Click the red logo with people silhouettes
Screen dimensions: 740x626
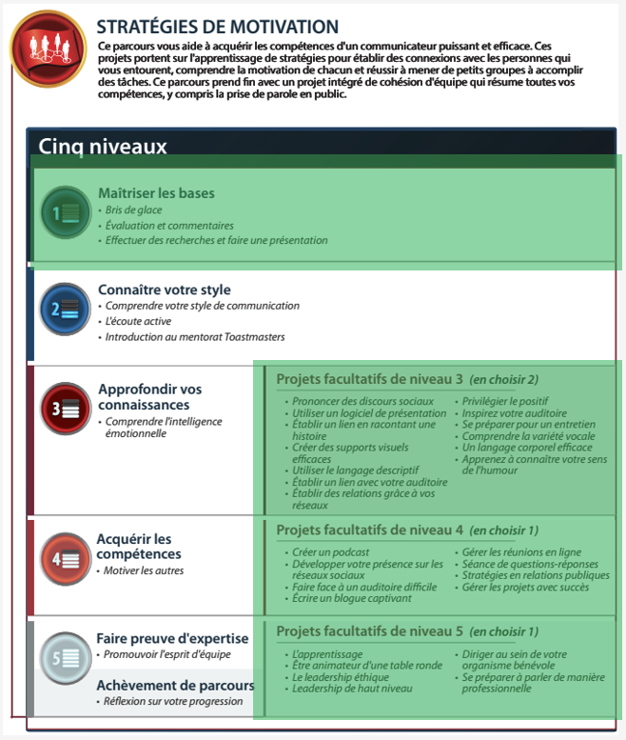pyautogui.click(x=48, y=48)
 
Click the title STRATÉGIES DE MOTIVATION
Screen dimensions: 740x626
pyautogui.click(x=218, y=27)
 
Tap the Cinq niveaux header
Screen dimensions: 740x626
pyautogui.click(x=103, y=147)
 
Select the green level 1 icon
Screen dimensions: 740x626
pyautogui.click(x=65, y=211)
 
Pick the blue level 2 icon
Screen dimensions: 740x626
pyautogui.click(x=65, y=309)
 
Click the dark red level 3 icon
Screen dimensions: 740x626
pyautogui.click(x=65, y=409)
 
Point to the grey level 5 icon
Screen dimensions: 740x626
pyautogui.click(x=65, y=657)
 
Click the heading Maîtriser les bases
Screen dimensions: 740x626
pyautogui.click(x=156, y=193)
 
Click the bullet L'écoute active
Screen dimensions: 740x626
pyautogui.click(x=138, y=322)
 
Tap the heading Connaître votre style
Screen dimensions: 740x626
pyautogui.click(x=164, y=290)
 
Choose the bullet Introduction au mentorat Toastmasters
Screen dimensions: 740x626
pyautogui.click(x=194, y=337)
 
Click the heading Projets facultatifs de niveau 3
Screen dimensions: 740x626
pyautogui.click(x=369, y=379)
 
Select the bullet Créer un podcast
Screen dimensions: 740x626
pyautogui.click(x=330, y=552)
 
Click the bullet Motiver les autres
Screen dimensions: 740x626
pyautogui.click(x=144, y=570)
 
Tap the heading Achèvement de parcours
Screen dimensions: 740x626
pyautogui.click(x=175, y=686)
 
